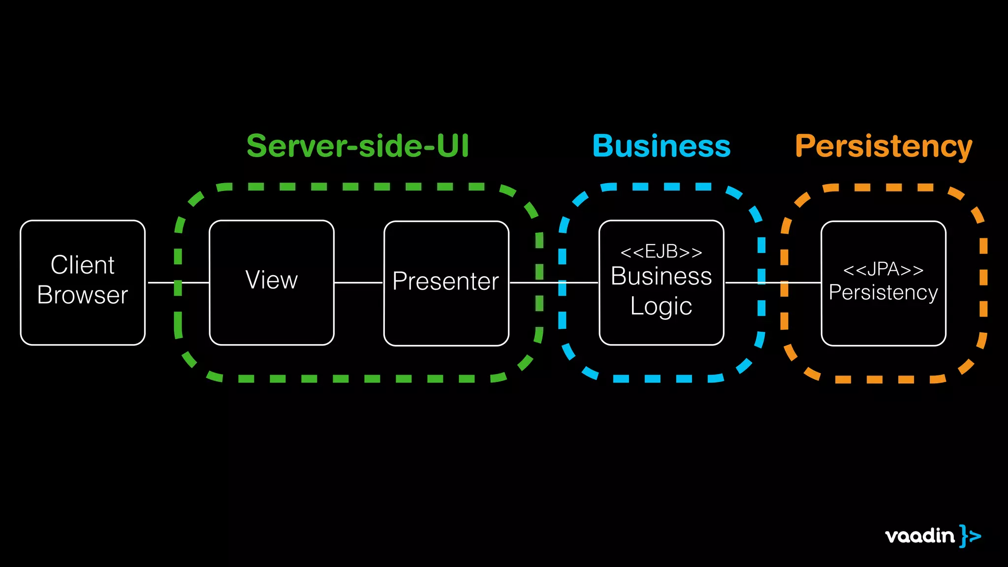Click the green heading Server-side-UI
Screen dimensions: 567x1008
[x=358, y=146]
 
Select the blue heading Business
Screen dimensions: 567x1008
[x=661, y=146]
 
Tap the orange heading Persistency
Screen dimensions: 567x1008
[x=883, y=147]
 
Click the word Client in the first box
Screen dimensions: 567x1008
[x=83, y=265]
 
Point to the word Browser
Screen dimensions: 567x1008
[x=83, y=295]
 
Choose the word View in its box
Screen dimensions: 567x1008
[x=272, y=280]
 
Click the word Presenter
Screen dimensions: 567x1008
[x=446, y=282]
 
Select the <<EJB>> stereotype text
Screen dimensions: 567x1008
[x=661, y=252]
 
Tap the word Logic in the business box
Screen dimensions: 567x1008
[x=661, y=306]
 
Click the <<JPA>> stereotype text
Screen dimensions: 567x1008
[x=883, y=270]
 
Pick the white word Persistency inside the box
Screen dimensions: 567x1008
[x=883, y=292]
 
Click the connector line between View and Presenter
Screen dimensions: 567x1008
[x=359, y=283]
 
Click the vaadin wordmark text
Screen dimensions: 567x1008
[x=919, y=535]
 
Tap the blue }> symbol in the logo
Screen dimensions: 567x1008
[x=970, y=535]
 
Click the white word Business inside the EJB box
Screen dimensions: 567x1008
[x=661, y=276]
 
